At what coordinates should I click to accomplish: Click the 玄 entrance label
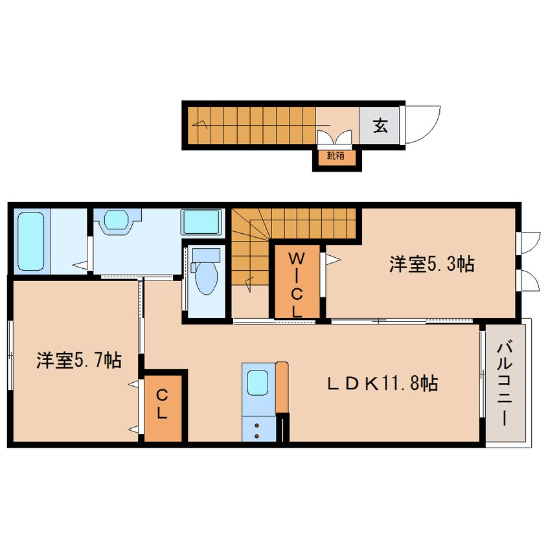point(380,126)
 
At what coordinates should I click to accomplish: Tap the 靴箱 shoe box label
point(336,155)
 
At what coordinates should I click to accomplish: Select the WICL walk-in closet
point(297,282)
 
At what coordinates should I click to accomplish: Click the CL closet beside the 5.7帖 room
point(163,408)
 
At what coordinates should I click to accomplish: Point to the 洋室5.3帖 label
point(432,264)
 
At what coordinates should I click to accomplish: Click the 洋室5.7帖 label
point(79,360)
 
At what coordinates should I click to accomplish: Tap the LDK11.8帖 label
point(382,383)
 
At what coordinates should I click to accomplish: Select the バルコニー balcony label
point(505,384)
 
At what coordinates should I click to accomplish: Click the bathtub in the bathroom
point(30,241)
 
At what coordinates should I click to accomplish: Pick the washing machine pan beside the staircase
point(201,222)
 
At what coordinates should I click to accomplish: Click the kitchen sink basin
point(258,383)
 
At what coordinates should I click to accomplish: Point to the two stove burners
point(257,431)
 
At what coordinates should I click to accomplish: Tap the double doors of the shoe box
point(334,137)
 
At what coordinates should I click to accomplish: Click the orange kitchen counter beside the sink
point(282,387)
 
